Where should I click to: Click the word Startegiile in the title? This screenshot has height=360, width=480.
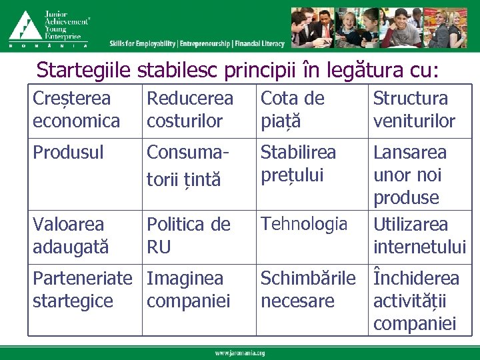click(x=85, y=69)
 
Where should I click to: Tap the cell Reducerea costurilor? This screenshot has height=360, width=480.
click(x=190, y=110)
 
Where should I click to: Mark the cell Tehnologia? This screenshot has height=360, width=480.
click(x=304, y=224)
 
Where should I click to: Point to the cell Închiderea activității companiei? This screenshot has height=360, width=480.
click(x=416, y=301)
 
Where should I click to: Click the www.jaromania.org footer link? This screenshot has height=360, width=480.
click(x=240, y=353)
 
